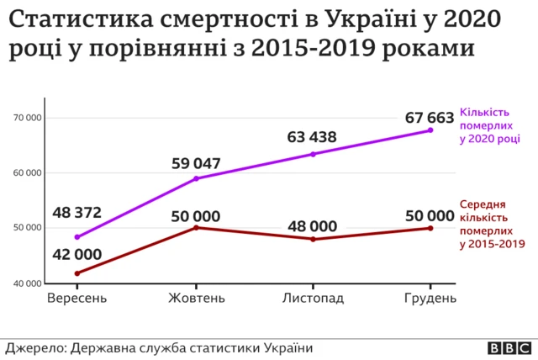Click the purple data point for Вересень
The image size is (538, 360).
77,237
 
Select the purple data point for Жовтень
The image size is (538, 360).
196,178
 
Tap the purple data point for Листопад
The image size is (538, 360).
313,154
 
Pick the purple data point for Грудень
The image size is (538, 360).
430,130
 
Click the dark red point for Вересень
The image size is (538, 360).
77,273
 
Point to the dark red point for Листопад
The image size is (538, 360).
313,240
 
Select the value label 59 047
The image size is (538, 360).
196,161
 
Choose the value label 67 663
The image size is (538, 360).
430,116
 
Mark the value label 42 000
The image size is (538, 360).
77,254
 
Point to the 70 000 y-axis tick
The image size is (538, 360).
28,119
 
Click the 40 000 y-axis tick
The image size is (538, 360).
28,283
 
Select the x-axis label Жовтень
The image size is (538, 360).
196,299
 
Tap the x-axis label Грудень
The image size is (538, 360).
430,299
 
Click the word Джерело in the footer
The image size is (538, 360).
34,347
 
